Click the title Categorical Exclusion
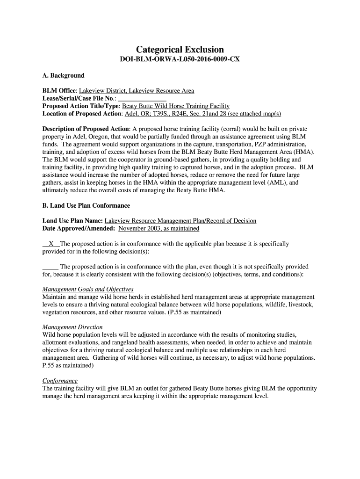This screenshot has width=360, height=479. click(180, 50)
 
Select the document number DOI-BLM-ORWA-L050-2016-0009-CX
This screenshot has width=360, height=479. click(180, 61)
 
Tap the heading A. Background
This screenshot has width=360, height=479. click(63, 76)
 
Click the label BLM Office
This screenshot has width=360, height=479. click(59, 91)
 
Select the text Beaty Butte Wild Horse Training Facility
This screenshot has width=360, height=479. click(176, 106)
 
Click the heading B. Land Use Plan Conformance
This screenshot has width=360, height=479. click(86, 206)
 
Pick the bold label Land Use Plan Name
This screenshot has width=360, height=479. click(72, 221)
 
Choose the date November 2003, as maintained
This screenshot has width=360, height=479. click(159, 229)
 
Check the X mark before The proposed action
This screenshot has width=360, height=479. click(51, 244)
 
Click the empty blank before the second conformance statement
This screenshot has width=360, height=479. click(50, 267)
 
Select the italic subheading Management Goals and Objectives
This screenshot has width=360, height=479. click(88, 289)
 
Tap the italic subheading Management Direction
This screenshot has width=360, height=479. click(72, 327)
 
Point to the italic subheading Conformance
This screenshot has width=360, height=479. click(60, 381)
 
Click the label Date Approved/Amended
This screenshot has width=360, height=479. click(79, 229)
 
